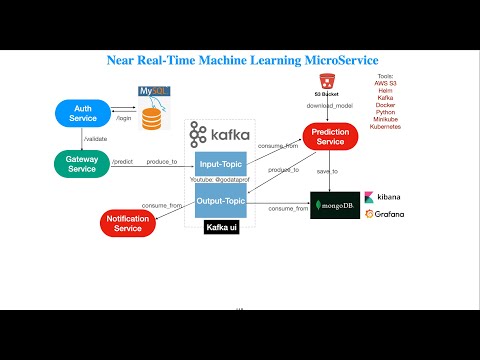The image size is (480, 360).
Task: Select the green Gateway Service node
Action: click(x=82, y=163)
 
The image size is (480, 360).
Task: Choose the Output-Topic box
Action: click(x=220, y=201)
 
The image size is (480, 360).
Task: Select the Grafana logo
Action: click(x=384, y=214)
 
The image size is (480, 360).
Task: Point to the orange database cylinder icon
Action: click(x=152, y=119)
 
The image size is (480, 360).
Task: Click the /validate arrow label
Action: click(x=96, y=139)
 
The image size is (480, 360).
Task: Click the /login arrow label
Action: click(x=124, y=119)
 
